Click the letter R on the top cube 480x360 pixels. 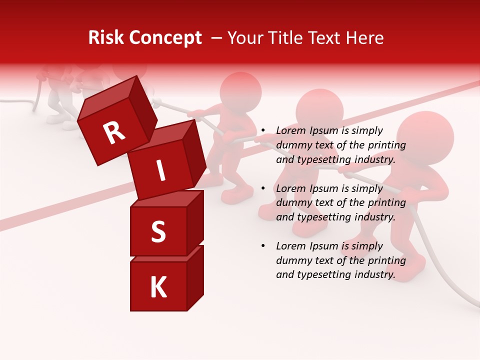114,133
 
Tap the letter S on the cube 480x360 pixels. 158,232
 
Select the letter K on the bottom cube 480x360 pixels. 158,287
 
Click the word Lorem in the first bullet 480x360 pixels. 289,131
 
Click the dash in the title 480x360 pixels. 217,38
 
